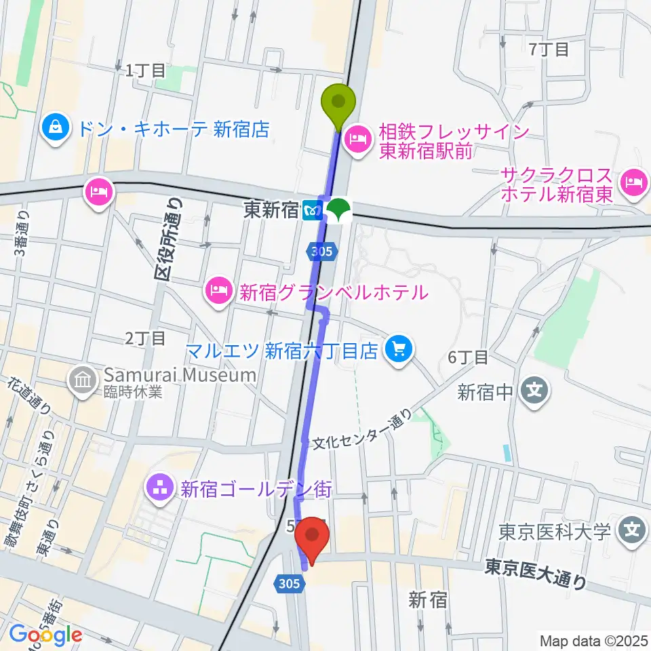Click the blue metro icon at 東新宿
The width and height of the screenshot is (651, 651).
point(313,210)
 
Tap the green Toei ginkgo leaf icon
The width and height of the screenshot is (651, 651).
point(337,210)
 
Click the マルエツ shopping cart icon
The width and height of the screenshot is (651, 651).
point(397,350)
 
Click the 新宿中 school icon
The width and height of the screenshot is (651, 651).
point(534,391)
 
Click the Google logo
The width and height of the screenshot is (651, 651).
point(45,634)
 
